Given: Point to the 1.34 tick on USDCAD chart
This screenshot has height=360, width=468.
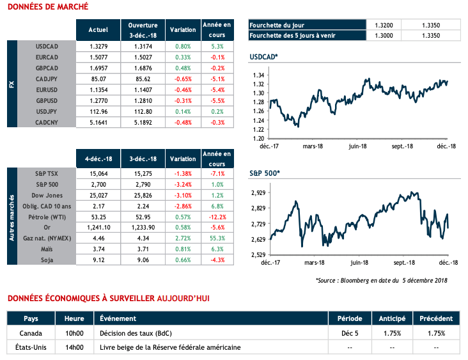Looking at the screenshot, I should click(259, 75).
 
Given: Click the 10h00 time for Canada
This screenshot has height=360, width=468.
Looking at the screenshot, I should click(74, 333).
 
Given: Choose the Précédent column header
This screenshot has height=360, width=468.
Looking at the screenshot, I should click(436, 318).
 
